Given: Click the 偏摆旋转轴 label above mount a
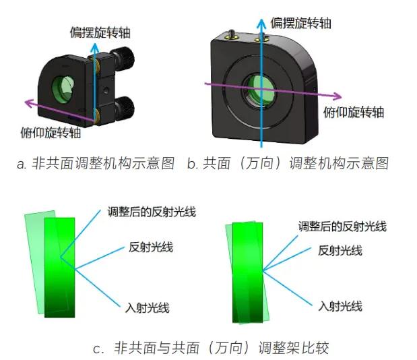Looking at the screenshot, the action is coord(100,32).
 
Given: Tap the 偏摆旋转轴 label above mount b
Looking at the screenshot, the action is coord(300,23).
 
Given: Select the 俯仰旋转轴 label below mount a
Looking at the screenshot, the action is coord(51,132).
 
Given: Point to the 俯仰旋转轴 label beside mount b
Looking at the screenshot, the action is coord(354,112).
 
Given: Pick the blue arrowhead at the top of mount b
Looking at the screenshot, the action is coord(261,24).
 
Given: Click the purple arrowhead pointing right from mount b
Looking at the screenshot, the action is coord(337,96).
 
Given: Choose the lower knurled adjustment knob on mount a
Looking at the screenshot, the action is coord(123,108).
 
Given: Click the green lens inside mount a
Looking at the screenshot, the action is coord(63,87).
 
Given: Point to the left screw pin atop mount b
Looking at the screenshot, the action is coord(230,34).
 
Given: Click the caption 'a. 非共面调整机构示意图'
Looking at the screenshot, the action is coord(96,163).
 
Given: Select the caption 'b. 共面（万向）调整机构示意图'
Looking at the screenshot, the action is coord(288,163).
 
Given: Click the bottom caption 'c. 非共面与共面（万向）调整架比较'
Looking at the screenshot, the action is coord(211,347).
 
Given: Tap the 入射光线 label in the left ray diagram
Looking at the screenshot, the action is coord(148,308).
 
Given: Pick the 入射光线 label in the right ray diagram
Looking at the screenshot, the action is coord(340,306).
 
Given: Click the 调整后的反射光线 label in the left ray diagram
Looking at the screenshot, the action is coord(152,212).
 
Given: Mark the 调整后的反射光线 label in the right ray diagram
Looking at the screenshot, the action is coord(342,227).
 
